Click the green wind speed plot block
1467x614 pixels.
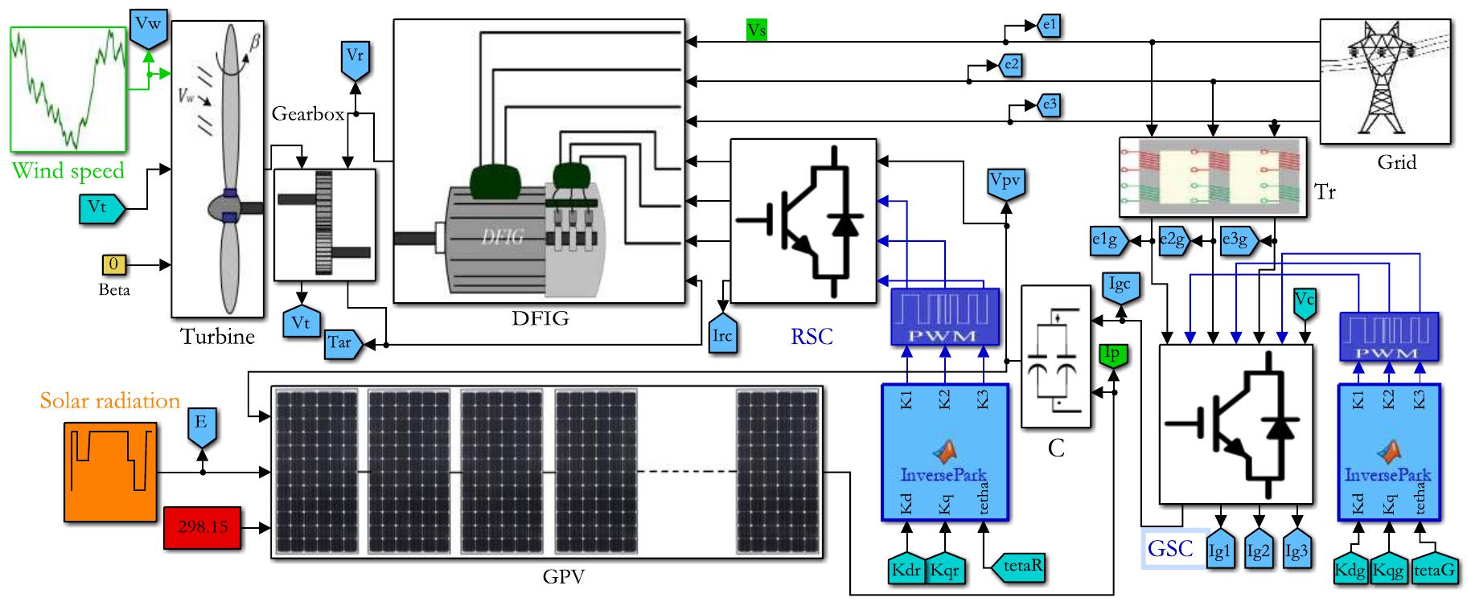(68, 88)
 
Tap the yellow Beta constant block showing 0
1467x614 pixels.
(113, 264)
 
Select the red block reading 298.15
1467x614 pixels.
(202, 528)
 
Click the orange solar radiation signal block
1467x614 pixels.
(110, 472)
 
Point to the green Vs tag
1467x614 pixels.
(756, 31)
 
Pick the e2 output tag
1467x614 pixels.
(1011, 65)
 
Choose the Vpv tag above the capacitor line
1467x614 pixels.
(1005, 183)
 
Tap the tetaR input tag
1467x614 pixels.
(1021, 566)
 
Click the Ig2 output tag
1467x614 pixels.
(1258, 551)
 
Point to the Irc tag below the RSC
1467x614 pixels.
(722, 335)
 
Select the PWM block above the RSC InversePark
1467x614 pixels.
(945, 317)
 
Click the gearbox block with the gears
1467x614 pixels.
(325, 225)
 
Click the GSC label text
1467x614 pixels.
(1170, 549)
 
